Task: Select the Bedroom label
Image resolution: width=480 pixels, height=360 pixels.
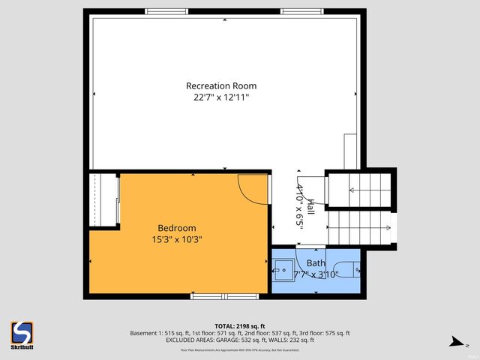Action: (176, 228)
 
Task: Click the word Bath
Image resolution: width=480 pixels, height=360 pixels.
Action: (316, 263)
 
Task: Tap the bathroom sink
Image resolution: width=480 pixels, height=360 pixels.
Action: (283, 268)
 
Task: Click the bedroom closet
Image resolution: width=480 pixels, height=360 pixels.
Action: (104, 199)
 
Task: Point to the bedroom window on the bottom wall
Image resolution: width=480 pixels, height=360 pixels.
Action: (224, 296)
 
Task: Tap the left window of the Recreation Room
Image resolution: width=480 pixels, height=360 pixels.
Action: (166, 11)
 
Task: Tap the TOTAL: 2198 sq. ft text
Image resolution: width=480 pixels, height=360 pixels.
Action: (240, 325)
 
